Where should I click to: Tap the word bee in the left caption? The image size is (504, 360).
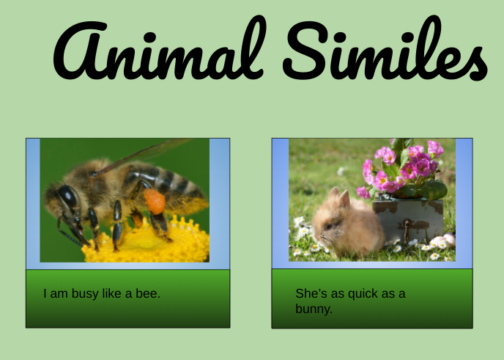click(149, 294)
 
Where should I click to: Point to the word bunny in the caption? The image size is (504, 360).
click(314, 309)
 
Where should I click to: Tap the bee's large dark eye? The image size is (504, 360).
click(68, 196)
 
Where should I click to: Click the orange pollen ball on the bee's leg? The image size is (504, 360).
click(154, 201)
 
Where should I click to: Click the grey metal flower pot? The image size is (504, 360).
click(411, 219)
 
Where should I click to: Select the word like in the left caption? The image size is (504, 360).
click(114, 294)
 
